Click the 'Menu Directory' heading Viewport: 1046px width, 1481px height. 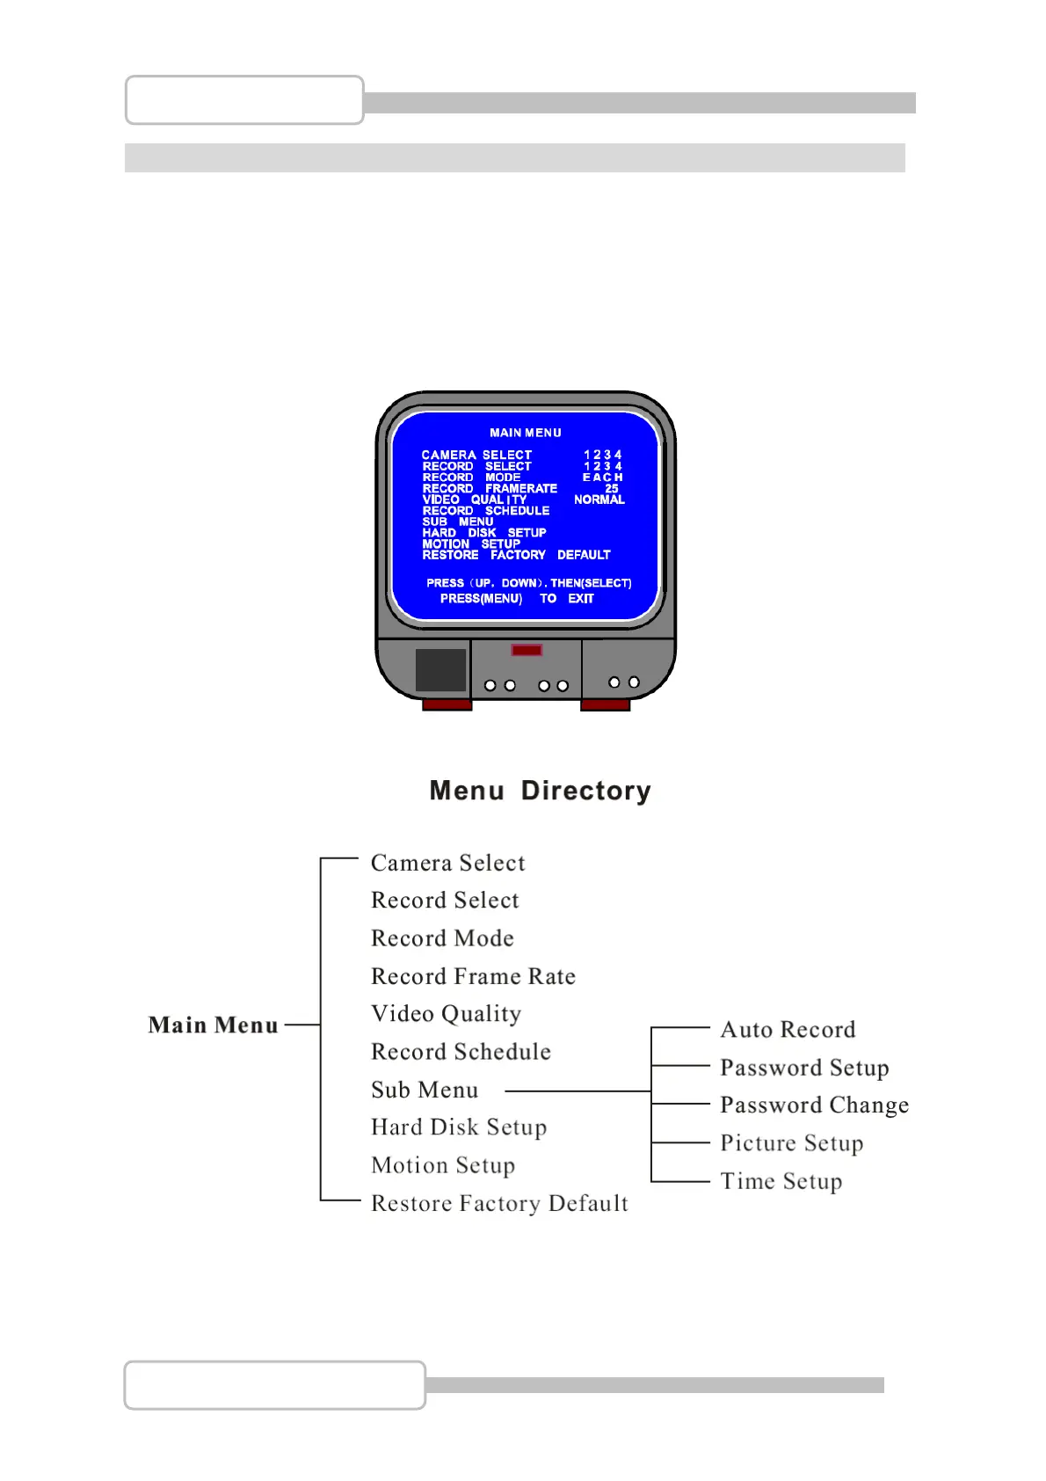coord(540,791)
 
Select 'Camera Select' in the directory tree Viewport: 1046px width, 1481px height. coord(447,863)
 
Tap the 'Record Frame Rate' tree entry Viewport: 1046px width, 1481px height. coord(473,976)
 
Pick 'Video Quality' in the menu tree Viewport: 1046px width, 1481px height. coord(446,1014)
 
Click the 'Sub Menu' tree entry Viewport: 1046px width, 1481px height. coord(425,1090)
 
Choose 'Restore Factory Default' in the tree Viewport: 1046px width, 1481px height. coord(499,1203)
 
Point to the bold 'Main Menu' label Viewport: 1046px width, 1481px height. coord(213,1025)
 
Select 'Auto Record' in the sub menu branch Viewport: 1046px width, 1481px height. coord(788,1030)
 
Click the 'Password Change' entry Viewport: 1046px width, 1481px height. coord(814,1105)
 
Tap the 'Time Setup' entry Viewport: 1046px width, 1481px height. coord(781,1181)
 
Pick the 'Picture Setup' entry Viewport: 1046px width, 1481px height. coord(791,1143)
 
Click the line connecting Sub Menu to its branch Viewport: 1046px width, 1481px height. coord(577,1091)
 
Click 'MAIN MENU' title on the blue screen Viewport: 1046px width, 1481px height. coord(525,433)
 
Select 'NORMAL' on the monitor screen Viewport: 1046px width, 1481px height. coord(599,500)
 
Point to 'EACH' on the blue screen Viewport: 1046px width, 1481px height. coord(602,478)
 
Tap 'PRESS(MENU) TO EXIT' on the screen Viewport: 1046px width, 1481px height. coord(517,599)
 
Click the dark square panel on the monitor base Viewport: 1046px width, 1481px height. coord(440,670)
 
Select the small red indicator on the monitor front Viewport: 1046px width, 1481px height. coord(527,650)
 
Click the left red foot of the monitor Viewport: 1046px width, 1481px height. coord(447,704)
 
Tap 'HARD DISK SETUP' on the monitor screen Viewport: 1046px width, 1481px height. coord(483,533)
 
